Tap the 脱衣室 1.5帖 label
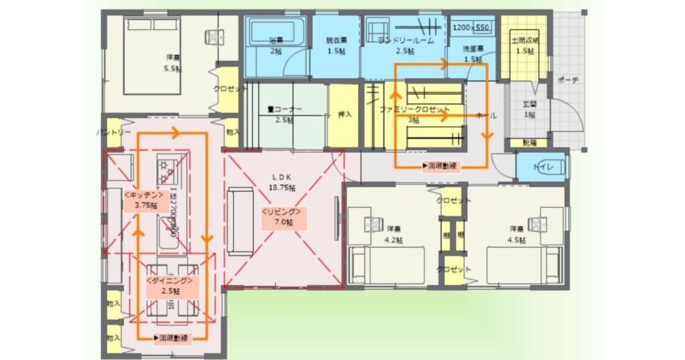[336, 45]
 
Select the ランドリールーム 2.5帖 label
[406, 45]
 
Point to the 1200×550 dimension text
[471, 28]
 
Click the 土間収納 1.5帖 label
[524, 46]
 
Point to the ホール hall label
[485, 115]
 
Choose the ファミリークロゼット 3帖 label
[414, 113]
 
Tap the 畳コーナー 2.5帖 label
[284, 114]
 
